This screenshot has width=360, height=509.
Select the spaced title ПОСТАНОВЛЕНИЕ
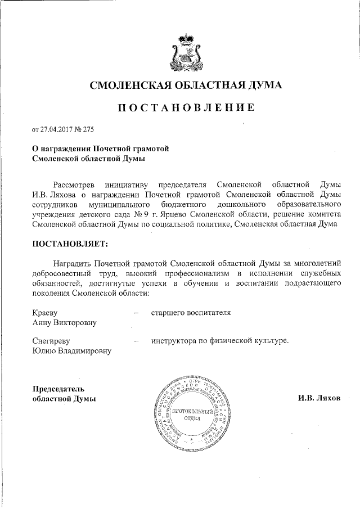[186, 107]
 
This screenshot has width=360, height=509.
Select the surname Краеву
[46, 312]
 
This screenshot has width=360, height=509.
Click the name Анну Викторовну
[64, 322]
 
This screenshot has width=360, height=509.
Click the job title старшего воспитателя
[191, 312]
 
